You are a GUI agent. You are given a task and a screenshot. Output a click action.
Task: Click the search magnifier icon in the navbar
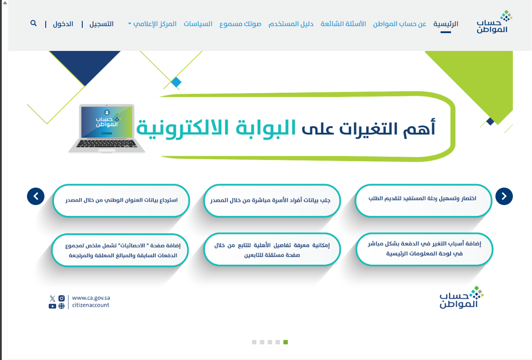point(34,23)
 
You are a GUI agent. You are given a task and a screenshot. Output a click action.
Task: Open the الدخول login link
point(63,24)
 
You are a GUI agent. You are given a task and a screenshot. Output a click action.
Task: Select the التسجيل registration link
point(101,24)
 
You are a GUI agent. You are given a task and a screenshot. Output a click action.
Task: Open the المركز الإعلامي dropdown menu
point(152,24)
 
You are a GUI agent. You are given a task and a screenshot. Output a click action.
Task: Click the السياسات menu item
point(198,24)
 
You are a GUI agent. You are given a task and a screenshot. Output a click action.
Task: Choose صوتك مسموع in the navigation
point(240,24)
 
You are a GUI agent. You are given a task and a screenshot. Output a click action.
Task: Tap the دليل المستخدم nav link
point(291,24)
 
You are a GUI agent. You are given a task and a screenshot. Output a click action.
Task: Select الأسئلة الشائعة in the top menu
point(343,24)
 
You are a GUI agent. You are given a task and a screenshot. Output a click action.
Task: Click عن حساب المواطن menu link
point(400,24)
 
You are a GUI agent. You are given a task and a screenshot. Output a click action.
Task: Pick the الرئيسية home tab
point(446,24)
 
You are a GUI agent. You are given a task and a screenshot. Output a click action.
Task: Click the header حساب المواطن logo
point(494,22)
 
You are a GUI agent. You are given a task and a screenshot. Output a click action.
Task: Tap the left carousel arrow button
point(36,196)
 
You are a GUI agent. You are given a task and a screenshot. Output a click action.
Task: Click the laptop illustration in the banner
point(107,128)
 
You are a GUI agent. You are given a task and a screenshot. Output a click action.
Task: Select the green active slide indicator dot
point(286,342)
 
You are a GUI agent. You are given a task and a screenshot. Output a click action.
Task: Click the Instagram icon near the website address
point(61,298)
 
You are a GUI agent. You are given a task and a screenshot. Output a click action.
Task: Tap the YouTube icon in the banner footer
point(53,306)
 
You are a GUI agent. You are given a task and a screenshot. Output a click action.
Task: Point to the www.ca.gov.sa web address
point(91,298)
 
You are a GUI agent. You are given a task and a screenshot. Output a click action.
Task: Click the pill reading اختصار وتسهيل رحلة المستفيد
point(423,201)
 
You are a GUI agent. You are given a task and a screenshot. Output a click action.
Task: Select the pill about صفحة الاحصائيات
point(120,250)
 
